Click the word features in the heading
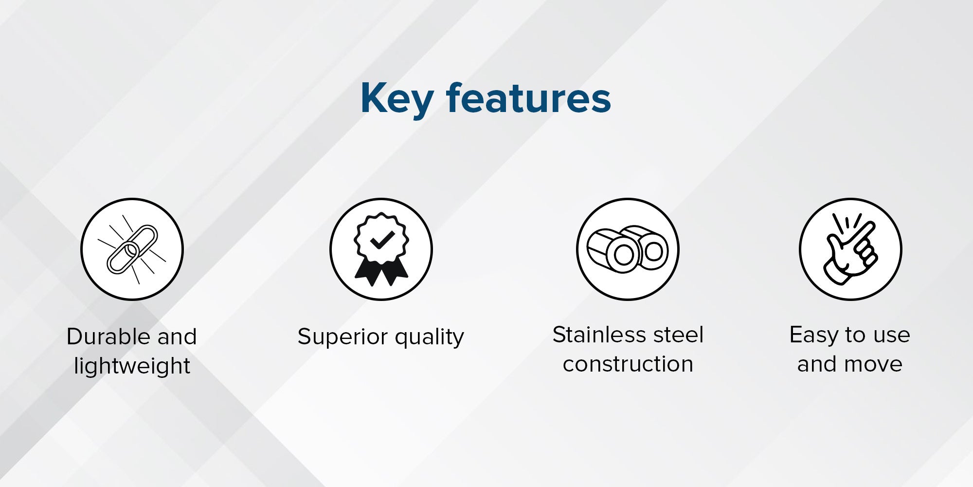(x=528, y=97)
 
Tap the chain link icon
(x=132, y=249)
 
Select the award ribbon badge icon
(x=381, y=249)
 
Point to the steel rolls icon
(x=628, y=249)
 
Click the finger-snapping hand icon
(x=850, y=249)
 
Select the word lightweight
(x=132, y=366)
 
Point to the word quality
(x=430, y=337)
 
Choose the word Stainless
(x=598, y=335)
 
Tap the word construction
(x=628, y=364)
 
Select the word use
(x=892, y=336)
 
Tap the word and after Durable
(x=177, y=337)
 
